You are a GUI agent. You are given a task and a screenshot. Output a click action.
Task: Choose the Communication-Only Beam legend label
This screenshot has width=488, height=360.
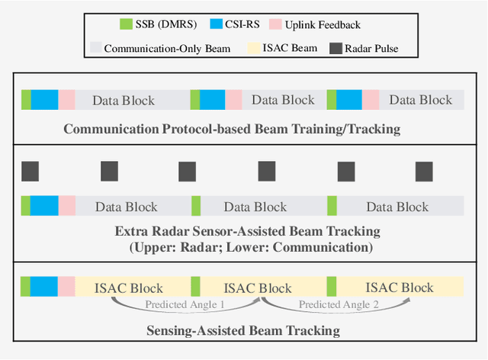click(x=168, y=49)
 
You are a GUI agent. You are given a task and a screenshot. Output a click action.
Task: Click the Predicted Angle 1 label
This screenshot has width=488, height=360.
click(x=185, y=304)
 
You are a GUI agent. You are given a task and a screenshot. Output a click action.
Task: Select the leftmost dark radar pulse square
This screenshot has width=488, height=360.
click(x=30, y=172)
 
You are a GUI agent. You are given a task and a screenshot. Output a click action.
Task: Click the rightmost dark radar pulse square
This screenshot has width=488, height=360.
click(x=424, y=172)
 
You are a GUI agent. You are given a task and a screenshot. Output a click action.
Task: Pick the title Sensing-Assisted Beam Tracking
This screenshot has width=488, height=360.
click(x=242, y=330)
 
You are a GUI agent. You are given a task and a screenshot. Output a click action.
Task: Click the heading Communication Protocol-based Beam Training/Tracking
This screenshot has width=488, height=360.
click(x=232, y=129)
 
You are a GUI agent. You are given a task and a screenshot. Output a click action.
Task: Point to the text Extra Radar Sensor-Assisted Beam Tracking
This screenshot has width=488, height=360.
click(x=242, y=231)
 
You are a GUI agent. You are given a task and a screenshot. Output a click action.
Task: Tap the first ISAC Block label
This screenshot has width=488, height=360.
click(x=129, y=288)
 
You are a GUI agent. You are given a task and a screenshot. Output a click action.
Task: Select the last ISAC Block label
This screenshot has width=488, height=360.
click(x=400, y=288)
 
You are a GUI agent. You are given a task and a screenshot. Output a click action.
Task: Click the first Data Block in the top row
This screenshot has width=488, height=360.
click(x=124, y=100)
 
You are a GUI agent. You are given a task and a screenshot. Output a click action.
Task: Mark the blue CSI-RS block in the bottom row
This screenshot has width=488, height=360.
click(x=44, y=287)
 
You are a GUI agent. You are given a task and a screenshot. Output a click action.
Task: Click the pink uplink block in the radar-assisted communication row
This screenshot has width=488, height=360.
click(x=67, y=207)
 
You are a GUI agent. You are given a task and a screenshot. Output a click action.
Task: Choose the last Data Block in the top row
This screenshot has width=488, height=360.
click(x=420, y=100)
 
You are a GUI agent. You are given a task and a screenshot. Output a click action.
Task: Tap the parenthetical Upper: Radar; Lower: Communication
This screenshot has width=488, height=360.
click(x=242, y=248)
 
